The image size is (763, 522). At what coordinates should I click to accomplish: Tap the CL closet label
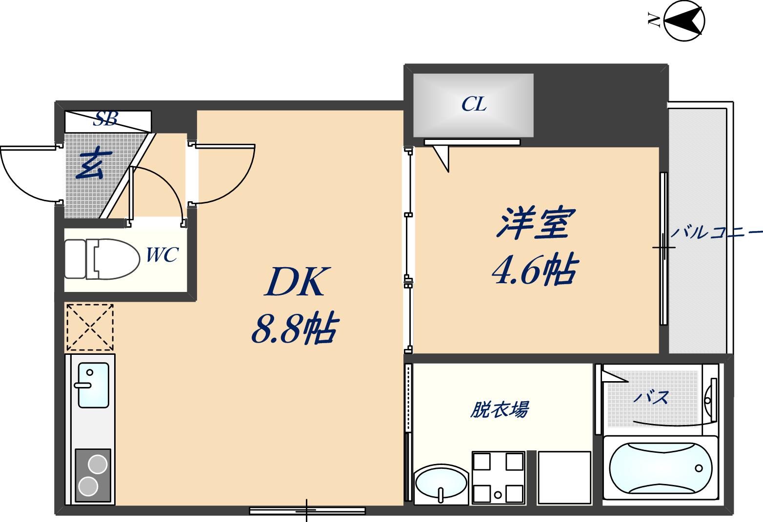tap(474, 104)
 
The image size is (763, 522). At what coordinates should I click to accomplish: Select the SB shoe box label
tap(105, 118)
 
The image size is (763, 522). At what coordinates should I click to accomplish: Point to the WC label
tap(162, 254)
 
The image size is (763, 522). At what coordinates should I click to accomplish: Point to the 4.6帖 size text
tap(535, 269)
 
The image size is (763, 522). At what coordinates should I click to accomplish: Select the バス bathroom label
tap(651, 398)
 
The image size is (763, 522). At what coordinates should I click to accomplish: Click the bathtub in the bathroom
tap(661, 467)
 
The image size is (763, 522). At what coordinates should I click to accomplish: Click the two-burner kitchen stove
tap(93, 475)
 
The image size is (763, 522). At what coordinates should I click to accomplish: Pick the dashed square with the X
tap(90, 327)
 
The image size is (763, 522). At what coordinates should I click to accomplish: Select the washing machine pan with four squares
tap(498, 477)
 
